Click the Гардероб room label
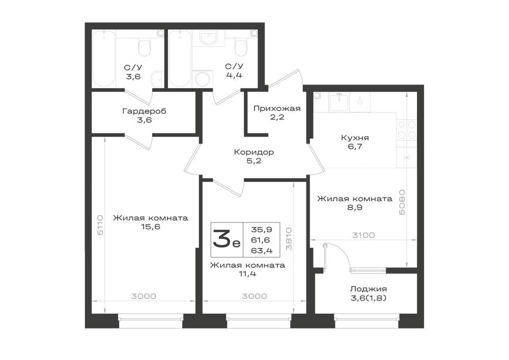click(x=144, y=112)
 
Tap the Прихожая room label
click(x=277, y=108)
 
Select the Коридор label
click(x=254, y=152)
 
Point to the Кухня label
click(x=355, y=137)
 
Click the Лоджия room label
click(x=369, y=289)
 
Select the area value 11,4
click(x=247, y=273)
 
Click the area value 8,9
click(x=355, y=207)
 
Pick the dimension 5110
click(x=100, y=225)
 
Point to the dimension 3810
click(x=289, y=239)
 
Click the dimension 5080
click(x=402, y=202)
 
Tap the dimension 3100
click(x=363, y=235)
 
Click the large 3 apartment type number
click(x=221, y=239)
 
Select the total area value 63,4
click(x=261, y=251)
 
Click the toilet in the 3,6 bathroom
click(x=144, y=47)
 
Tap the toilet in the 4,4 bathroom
click(x=241, y=47)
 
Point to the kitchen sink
click(x=339, y=102)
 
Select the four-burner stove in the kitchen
click(x=407, y=130)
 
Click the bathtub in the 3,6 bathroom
click(x=103, y=59)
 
